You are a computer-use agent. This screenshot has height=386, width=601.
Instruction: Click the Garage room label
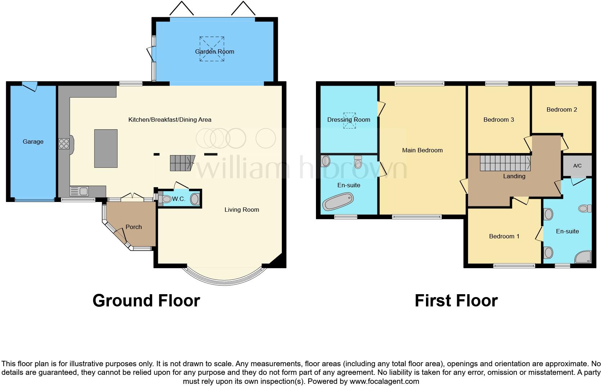pyautogui.click(x=33, y=142)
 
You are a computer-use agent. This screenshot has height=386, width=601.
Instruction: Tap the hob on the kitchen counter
pyautogui.click(x=64, y=144)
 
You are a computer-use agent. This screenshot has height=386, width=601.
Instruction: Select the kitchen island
pyautogui.click(x=106, y=148)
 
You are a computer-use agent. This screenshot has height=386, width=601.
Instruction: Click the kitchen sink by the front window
pyautogui.click(x=79, y=191)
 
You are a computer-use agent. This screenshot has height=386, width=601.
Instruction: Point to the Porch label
pyautogui.click(x=133, y=227)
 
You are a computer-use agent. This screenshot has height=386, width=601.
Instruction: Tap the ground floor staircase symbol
pyautogui.click(x=182, y=163)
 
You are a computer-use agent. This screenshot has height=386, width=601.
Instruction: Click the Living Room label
pyautogui.click(x=242, y=210)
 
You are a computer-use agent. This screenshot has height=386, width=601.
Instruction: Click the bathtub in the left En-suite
pyautogui.click(x=338, y=201)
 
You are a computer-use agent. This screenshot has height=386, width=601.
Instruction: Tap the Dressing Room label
pyautogui.click(x=348, y=120)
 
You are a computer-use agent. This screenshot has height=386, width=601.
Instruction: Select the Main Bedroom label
pyautogui.click(x=422, y=150)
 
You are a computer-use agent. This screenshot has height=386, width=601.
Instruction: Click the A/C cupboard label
pyautogui.click(x=577, y=166)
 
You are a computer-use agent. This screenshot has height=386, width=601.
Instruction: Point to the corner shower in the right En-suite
pyautogui.click(x=583, y=256)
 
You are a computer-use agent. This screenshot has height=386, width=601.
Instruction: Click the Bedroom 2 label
pyautogui.click(x=561, y=109)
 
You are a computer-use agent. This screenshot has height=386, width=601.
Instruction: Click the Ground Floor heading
pyautogui.click(x=146, y=301)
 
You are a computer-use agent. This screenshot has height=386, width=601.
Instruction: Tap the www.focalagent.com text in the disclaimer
pyautogui.click(x=384, y=381)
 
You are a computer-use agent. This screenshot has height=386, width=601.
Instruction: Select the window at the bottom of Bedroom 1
pyautogui.click(x=514, y=266)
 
